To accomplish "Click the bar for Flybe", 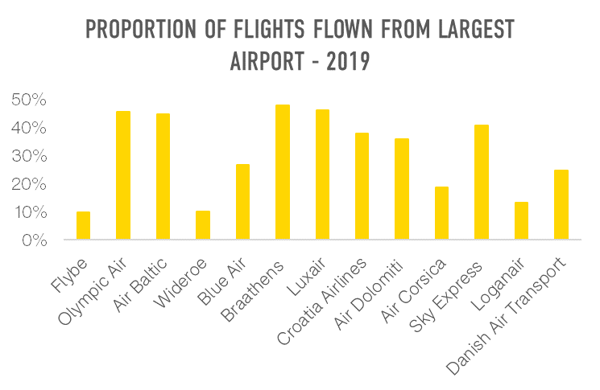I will point(83,225).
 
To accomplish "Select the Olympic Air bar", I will point(123,175).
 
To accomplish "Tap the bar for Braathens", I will point(283,172).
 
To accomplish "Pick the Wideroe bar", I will point(203,225).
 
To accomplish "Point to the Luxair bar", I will point(322,174).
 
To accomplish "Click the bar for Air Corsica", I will point(441,213).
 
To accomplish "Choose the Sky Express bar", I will point(482,183).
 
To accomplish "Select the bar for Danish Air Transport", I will point(561,205).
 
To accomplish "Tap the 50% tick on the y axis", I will point(30,100).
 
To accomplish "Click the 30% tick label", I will point(30,156).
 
